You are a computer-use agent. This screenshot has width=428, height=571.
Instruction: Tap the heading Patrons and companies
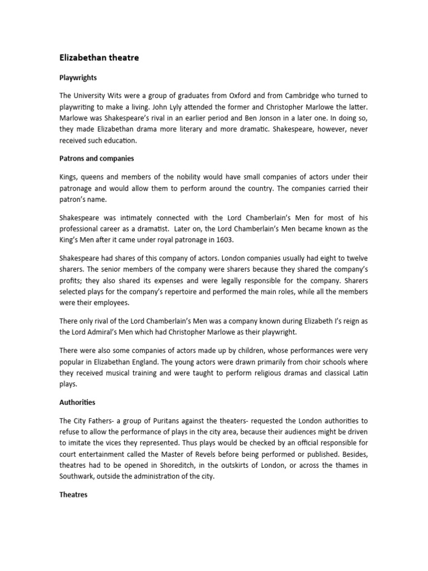coord(96,158)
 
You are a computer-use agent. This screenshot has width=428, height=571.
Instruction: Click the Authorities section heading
coord(77,401)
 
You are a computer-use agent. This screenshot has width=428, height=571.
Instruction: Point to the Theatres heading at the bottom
coord(74,495)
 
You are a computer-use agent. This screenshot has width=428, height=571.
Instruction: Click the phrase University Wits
coord(98,96)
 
